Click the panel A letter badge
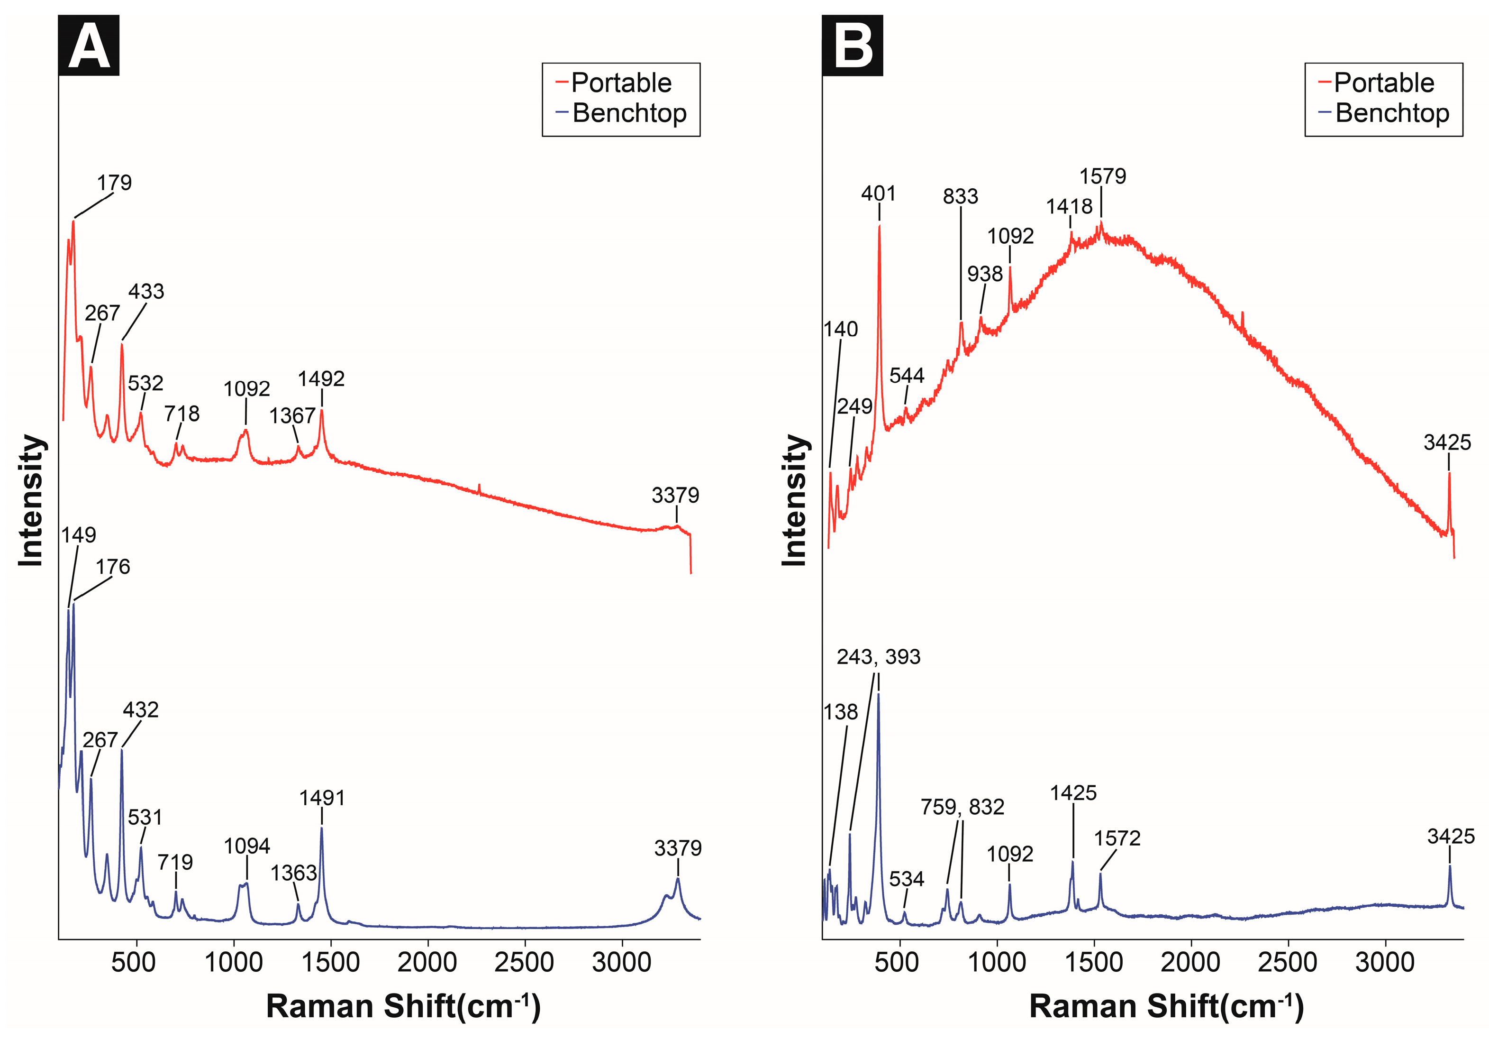coord(89,46)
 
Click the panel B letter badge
coord(852,46)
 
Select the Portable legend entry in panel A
coord(621,83)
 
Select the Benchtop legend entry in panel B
coord(1391,113)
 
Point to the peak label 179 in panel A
coord(114,183)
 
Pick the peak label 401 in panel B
coord(878,193)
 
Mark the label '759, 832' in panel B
coord(962,807)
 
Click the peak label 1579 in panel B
coord(1102,176)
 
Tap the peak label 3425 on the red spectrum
coord(1447,442)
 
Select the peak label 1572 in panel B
coord(1117,838)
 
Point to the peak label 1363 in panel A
coord(293,873)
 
